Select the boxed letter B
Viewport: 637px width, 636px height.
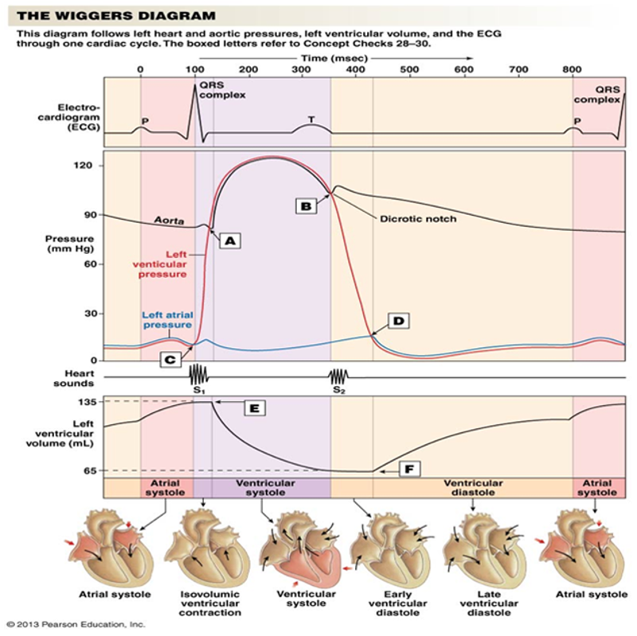[x=306, y=205]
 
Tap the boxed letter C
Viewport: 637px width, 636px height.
[x=171, y=359]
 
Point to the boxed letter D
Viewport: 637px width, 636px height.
[x=398, y=321]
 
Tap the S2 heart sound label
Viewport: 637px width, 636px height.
[x=338, y=390]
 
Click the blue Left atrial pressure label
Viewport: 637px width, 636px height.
[x=166, y=319]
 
